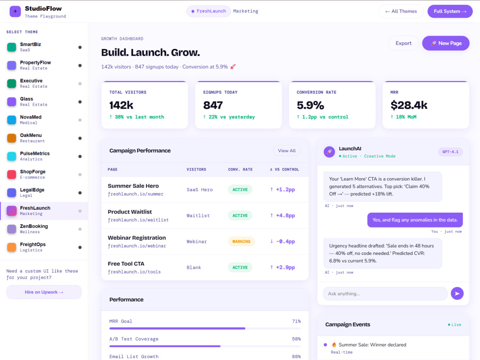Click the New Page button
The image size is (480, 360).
point(446,43)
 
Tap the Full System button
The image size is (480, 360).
point(450,12)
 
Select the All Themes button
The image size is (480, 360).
point(401,12)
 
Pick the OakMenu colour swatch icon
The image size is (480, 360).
point(12,138)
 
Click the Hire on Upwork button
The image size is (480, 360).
point(44,292)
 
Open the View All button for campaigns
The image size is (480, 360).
point(287,151)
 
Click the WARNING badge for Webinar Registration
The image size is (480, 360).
point(241,241)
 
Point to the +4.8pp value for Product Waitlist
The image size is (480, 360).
point(285,216)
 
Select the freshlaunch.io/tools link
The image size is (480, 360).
point(134,272)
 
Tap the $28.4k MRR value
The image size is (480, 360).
point(408,105)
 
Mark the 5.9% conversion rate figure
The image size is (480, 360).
point(310,105)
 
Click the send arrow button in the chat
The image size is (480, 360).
point(457,294)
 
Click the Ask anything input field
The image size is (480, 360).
point(385,294)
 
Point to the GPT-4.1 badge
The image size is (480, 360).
point(450,152)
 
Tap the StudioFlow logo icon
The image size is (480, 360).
point(15,12)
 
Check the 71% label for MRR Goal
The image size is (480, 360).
point(296,321)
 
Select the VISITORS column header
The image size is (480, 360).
point(196,169)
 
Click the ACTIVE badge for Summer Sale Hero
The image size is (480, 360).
point(240,190)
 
